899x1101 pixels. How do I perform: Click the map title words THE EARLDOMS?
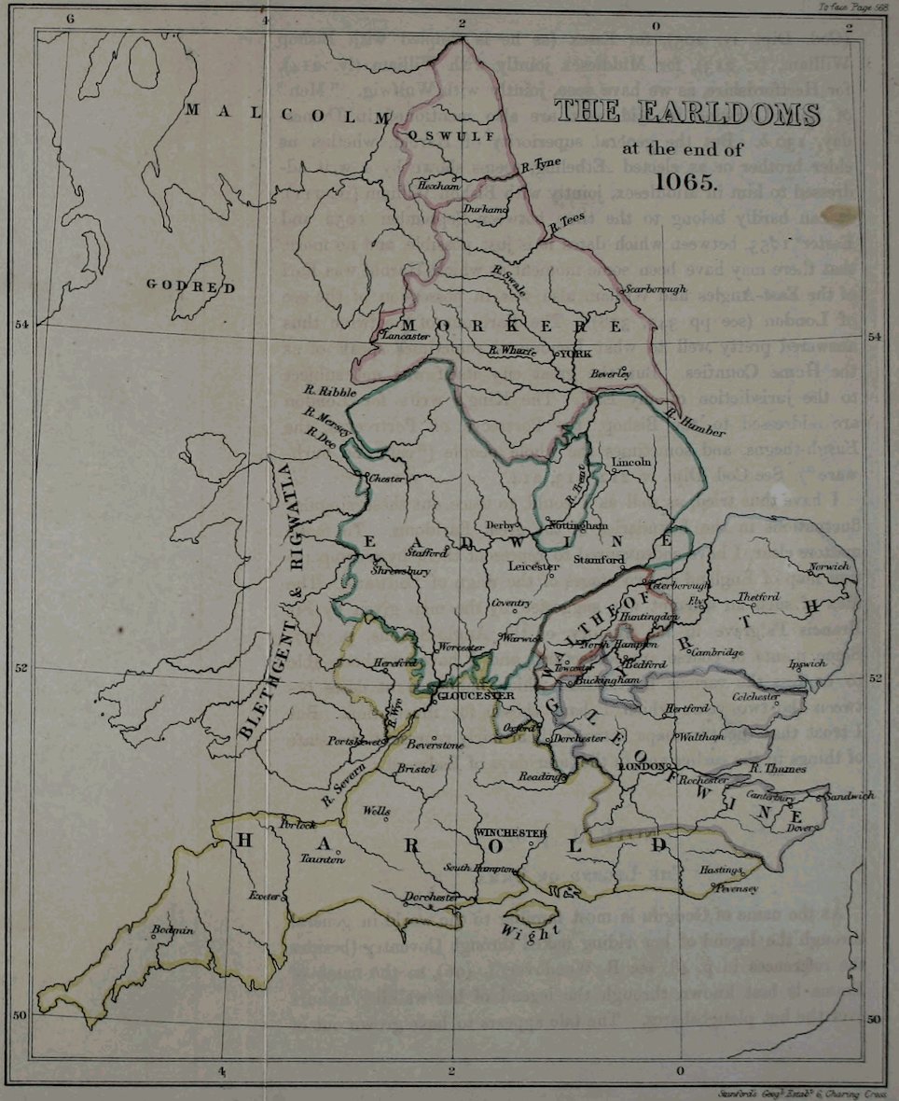click(687, 114)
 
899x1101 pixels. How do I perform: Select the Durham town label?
click(485, 210)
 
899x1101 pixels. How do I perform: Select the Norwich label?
click(830, 566)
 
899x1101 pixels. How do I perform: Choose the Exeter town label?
click(264, 896)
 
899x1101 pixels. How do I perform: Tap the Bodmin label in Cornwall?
click(174, 929)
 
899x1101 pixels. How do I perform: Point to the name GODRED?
click(191, 286)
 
